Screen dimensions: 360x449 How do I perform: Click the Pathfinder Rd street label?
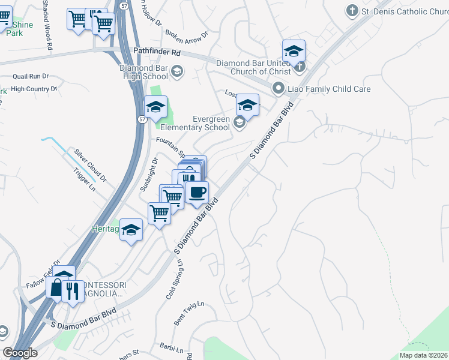tap(157, 53)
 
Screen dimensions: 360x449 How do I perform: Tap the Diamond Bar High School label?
tap(143, 72)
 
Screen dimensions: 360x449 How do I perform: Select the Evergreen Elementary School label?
tap(195, 124)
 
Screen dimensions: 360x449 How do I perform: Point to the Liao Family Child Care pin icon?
tap(278, 89)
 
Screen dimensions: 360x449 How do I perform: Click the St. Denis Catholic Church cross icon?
tap(352, 11)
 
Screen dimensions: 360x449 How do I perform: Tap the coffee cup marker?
tap(197, 193)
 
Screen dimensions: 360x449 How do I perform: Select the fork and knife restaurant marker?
tap(73, 292)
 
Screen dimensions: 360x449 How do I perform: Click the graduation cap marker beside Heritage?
tap(131, 230)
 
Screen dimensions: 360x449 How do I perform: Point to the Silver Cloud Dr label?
tap(90, 165)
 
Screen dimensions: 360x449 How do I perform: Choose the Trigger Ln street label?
tap(84, 179)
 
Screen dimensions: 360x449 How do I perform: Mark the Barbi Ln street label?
tap(171, 347)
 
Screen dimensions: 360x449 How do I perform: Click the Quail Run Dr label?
tap(30, 76)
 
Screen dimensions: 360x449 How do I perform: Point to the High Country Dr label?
tap(34, 89)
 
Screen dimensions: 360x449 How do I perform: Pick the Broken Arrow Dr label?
tap(186, 35)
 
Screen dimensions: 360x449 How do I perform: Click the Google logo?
tap(20, 353)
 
